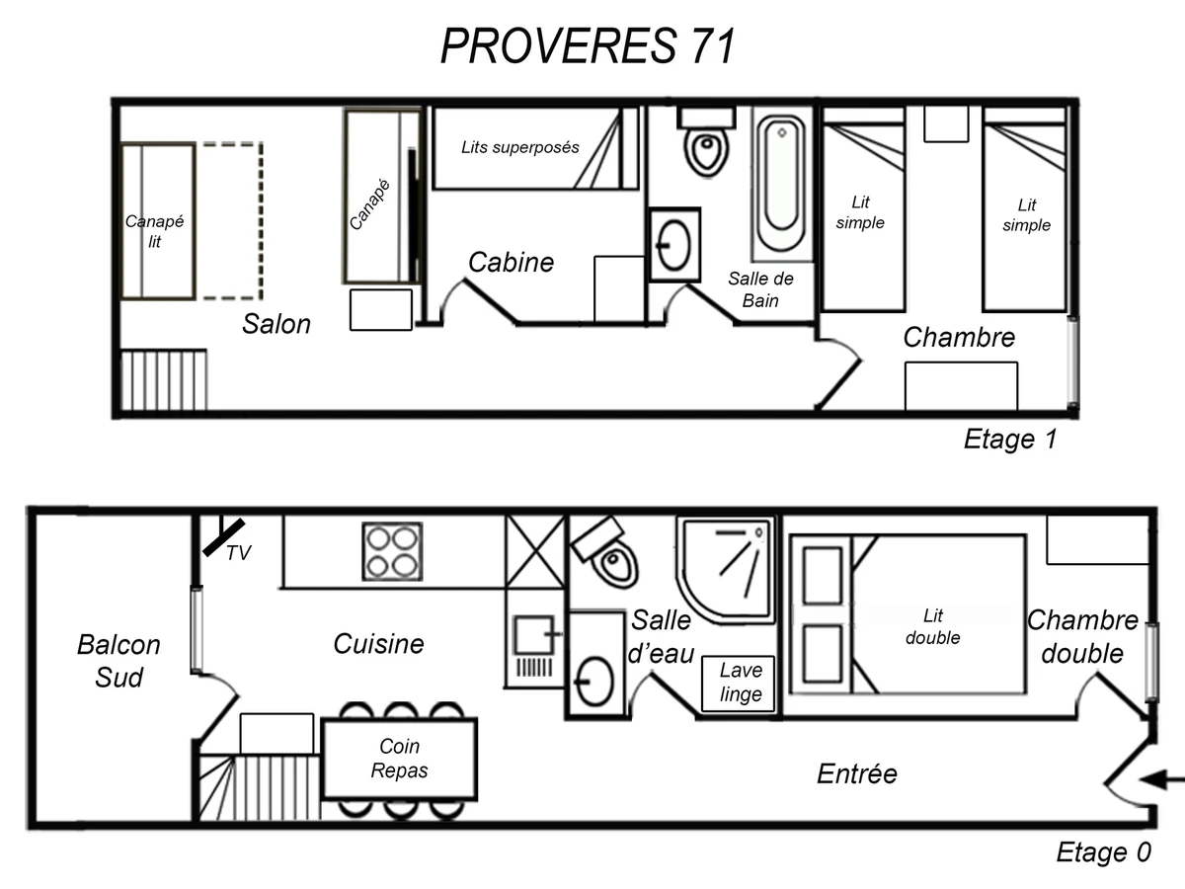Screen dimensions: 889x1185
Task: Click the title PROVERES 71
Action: click(588, 45)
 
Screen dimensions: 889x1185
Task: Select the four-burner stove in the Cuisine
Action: click(392, 550)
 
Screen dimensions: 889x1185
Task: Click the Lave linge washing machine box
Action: click(740, 683)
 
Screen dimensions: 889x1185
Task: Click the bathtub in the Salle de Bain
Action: click(782, 184)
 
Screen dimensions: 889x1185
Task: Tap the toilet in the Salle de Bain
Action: click(705, 142)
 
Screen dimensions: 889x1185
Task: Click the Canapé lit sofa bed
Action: click(158, 220)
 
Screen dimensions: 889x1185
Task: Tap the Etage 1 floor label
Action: click(1009, 440)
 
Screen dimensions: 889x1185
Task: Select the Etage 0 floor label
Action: click(1103, 851)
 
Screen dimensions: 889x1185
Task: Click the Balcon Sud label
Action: click(118, 661)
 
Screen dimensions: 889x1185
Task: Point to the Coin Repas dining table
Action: click(400, 759)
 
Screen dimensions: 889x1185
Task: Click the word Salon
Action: click(276, 324)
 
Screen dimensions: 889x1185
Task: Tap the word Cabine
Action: click(511, 263)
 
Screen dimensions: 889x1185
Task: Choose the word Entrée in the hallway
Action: click(857, 773)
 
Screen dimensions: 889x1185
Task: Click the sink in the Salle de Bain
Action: click(675, 243)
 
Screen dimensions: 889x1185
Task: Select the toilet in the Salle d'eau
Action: click(608, 554)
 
